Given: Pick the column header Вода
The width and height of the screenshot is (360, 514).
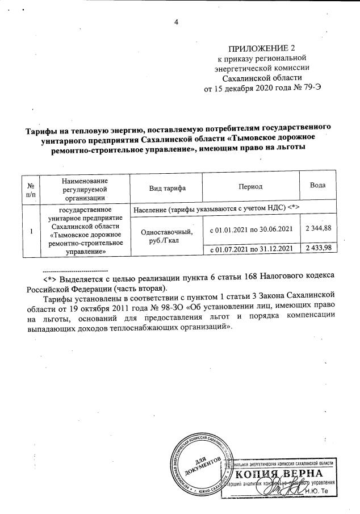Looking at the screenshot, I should coord(317,186).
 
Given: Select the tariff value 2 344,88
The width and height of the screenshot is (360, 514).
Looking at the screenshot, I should coord(317,228).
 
